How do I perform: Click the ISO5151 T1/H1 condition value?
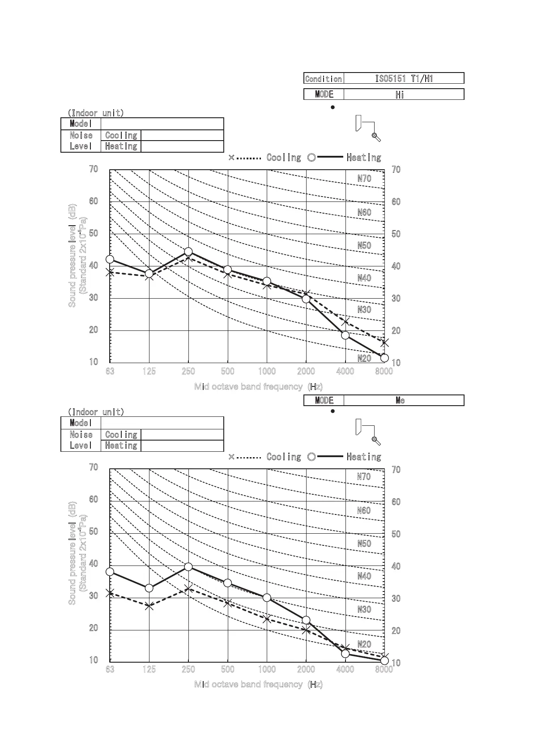click(x=404, y=79)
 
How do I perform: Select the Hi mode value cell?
click(x=404, y=94)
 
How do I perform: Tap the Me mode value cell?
click(x=404, y=400)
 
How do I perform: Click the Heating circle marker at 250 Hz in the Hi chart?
click(x=188, y=252)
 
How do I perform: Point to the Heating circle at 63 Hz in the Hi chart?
click(x=110, y=259)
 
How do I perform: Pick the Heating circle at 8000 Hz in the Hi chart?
click(x=384, y=358)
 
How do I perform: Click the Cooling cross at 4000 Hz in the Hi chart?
click(x=345, y=322)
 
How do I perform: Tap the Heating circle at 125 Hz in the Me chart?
click(x=149, y=588)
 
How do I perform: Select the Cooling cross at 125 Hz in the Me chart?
click(x=149, y=607)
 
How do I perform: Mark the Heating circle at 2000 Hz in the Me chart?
click(x=306, y=620)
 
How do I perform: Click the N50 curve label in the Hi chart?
click(x=364, y=245)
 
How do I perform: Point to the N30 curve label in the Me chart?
click(x=364, y=609)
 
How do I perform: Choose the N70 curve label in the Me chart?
click(x=364, y=477)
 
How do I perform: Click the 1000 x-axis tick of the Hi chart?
click(x=267, y=371)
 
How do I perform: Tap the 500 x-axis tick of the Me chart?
click(x=228, y=669)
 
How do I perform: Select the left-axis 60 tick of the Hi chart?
click(x=94, y=201)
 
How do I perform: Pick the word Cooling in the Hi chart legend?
click(x=284, y=158)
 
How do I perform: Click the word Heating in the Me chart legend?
click(x=364, y=457)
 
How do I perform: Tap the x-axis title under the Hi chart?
click(x=258, y=386)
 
